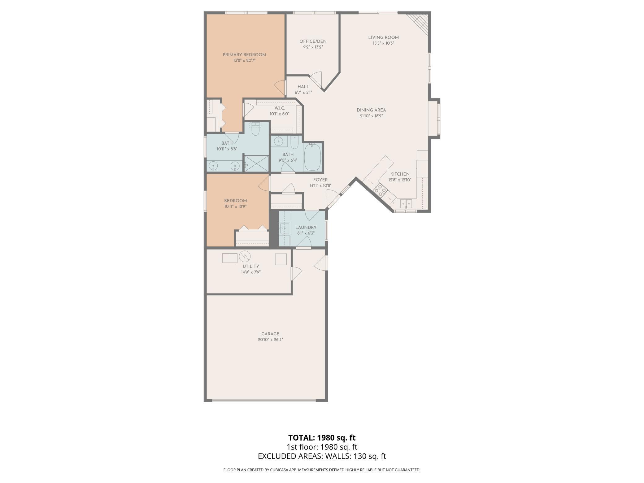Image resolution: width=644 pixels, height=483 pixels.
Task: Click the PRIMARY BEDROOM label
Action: coord(244,55)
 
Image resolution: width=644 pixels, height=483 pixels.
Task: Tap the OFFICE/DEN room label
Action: coord(313,41)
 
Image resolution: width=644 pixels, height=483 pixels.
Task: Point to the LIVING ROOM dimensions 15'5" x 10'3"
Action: coord(383,43)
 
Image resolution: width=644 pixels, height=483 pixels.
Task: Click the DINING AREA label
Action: coord(371,110)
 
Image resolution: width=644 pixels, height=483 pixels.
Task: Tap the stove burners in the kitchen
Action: coord(380,190)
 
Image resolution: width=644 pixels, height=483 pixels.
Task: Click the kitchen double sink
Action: coord(406,203)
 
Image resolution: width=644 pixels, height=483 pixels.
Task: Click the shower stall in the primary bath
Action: coord(257,163)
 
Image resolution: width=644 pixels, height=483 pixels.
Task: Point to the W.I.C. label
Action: coord(280,108)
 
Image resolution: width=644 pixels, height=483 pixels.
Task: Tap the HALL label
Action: coord(303,87)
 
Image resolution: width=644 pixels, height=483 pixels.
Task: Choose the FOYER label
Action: coord(320,180)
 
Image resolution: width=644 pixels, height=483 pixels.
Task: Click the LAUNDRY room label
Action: coord(306,228)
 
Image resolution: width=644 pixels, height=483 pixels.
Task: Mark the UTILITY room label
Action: coord(251,267)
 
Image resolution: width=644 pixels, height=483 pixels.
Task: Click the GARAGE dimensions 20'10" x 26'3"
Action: coord(270,340)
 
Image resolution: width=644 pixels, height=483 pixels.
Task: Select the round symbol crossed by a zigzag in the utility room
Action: coord(245,256)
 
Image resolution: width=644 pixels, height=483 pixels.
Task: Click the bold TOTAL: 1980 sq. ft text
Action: coord(322,438)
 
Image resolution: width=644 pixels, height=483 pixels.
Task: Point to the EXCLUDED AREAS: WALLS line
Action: coord(322,456)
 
